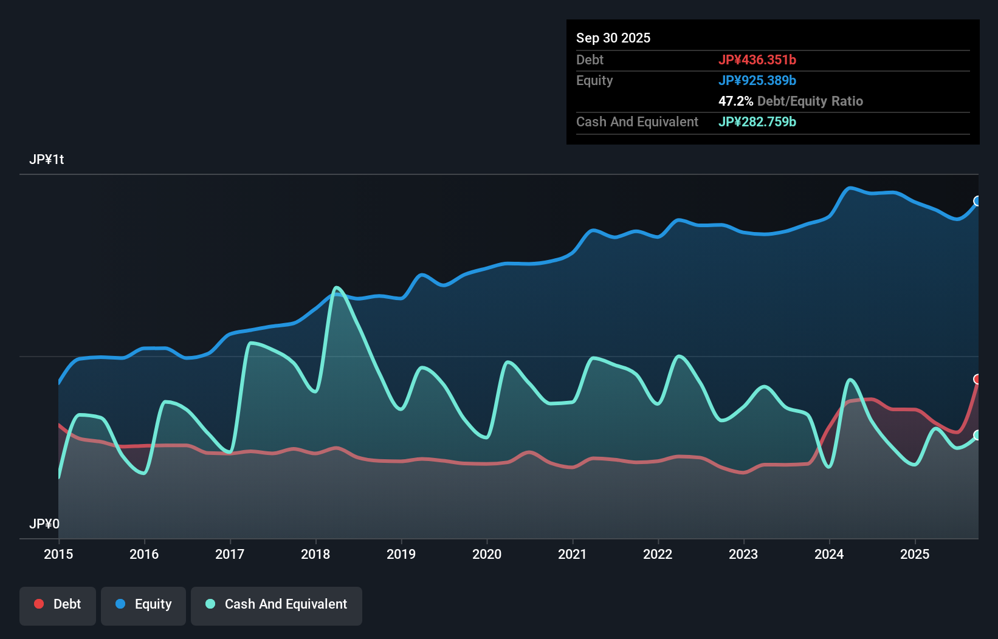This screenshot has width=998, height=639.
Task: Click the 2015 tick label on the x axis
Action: pos(58,554)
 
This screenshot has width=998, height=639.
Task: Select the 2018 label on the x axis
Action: pos(315,554)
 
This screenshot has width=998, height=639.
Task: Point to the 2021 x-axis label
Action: pos(573,554)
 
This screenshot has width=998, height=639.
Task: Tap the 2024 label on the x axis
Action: pos(829,554)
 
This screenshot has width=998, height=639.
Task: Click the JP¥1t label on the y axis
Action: pos(47,160)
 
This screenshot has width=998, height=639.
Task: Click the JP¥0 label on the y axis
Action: pos(44,524)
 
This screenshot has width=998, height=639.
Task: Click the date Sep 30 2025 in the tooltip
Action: pos(613,38)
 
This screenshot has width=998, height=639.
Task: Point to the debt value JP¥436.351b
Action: pos(757,60)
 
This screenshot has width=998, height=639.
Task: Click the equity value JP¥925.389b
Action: pos(757,81)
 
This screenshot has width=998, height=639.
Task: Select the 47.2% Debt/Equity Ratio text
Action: pos(790,101)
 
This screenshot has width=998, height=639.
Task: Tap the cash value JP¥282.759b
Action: pos(757,122)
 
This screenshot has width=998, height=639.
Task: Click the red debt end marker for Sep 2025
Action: pos(977,379)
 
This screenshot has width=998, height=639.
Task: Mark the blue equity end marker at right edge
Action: pos(977,201)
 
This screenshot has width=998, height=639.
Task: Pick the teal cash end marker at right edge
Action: pos(977,435)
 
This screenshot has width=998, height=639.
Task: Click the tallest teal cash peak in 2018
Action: pos(336,287)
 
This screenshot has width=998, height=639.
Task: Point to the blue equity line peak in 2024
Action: pos(850,188)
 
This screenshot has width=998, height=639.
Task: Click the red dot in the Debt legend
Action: pos(39,604)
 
